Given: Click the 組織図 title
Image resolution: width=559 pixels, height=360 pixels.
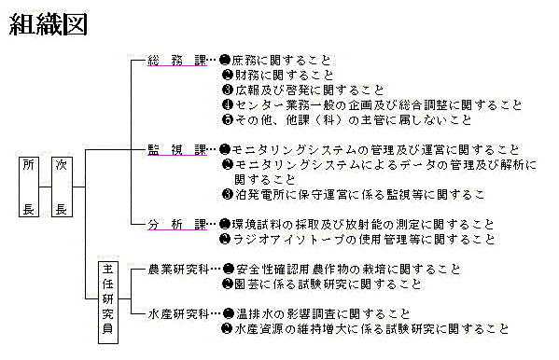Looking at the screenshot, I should [x=49, y=25].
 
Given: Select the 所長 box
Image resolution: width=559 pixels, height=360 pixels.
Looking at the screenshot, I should [x=29, y=186].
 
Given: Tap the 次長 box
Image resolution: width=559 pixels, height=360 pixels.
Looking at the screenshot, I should [x=63, y=186].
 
